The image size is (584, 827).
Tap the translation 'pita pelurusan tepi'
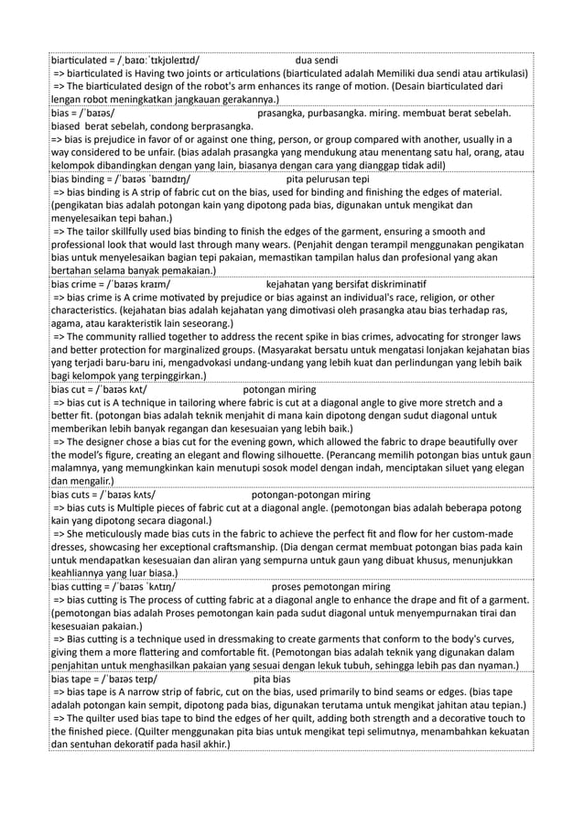pos(327,180)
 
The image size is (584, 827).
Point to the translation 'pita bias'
pos(271,680)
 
